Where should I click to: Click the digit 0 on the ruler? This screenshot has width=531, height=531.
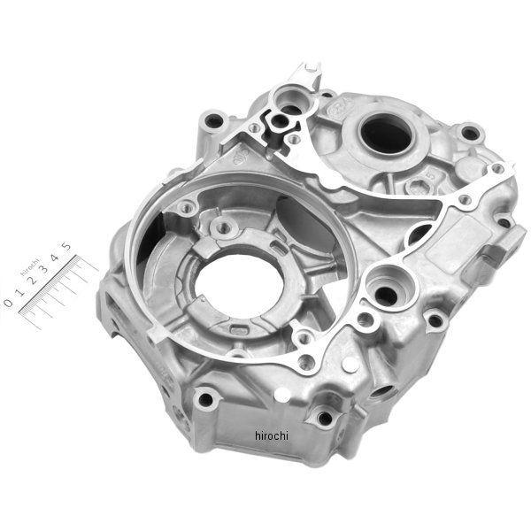tap(9, 302)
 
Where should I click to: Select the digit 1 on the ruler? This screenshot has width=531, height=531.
tap(19, 292)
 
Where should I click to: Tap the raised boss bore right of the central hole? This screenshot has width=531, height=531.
tap(388, 287)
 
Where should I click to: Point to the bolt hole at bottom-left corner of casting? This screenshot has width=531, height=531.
tap(205, 399)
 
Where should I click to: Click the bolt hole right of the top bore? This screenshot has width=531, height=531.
tap(471, 134)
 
